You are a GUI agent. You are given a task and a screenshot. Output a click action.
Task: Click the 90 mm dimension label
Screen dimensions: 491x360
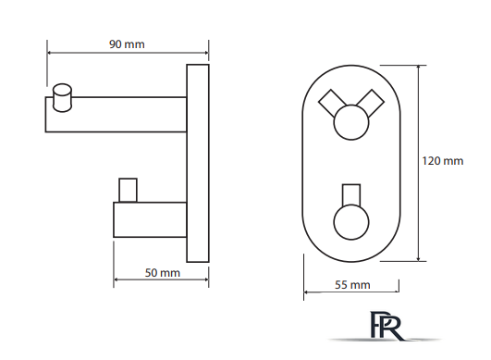point(127,44)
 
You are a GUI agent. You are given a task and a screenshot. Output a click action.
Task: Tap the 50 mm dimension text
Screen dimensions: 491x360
point(163,273)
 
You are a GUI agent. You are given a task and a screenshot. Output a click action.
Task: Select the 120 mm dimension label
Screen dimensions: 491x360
point(443,161)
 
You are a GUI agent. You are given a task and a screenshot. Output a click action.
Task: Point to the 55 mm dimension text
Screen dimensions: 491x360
point(352,285)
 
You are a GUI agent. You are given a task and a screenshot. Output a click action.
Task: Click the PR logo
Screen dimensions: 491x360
point(386,326)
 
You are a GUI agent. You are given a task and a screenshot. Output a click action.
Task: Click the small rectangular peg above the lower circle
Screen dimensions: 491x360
point(351,195)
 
